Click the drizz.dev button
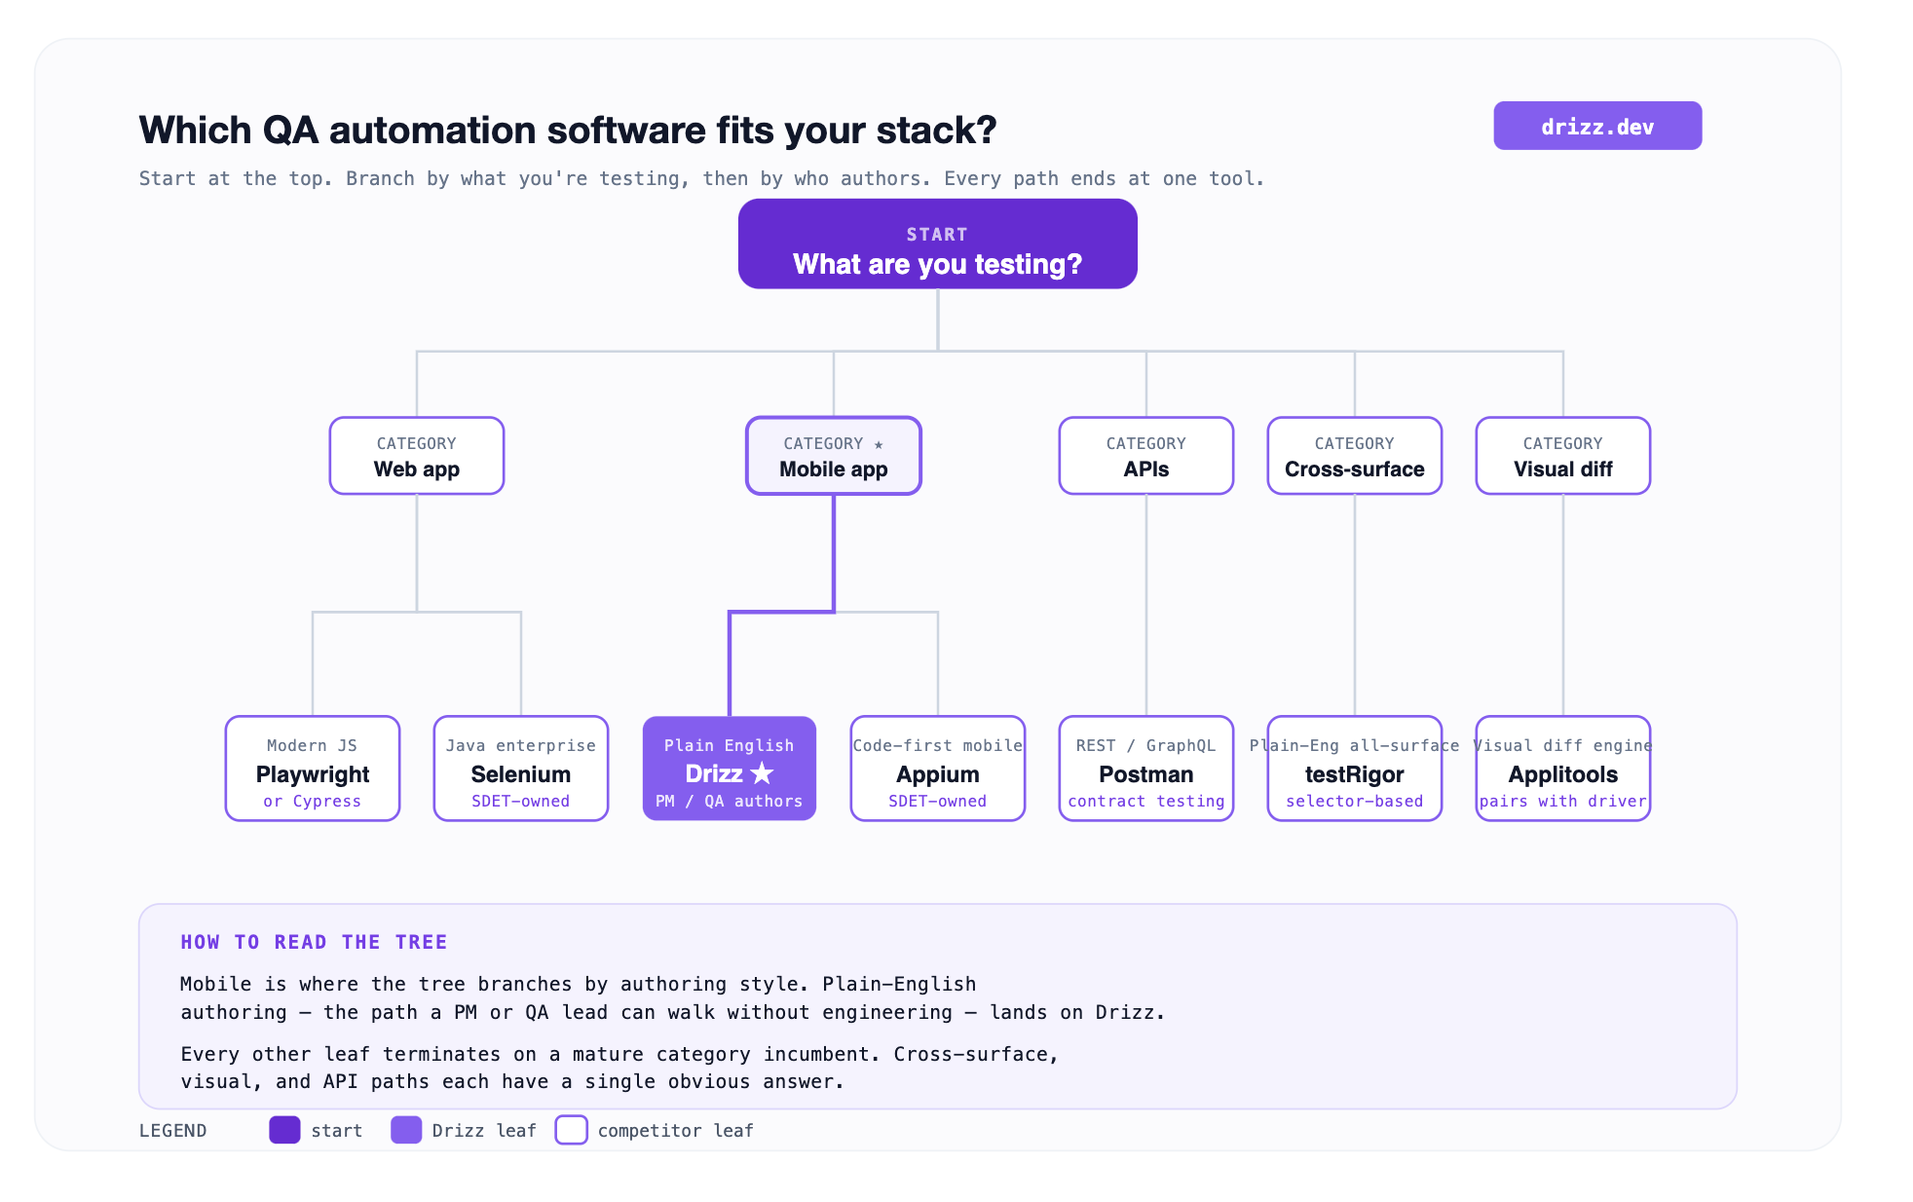1597,126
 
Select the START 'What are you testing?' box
937,244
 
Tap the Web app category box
417,456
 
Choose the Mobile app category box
834,456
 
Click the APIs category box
1146,456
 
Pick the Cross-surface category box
1355,456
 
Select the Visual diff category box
1563,456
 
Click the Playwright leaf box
313,769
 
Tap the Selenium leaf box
521,769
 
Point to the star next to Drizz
762,773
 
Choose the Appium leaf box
938,769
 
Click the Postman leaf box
1146,769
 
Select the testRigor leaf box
1355,769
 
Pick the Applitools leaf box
1563,769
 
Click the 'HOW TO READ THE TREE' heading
314,942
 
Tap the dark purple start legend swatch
284,1130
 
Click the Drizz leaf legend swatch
406,1130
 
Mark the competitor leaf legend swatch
571,1130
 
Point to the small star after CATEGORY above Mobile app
879,444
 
